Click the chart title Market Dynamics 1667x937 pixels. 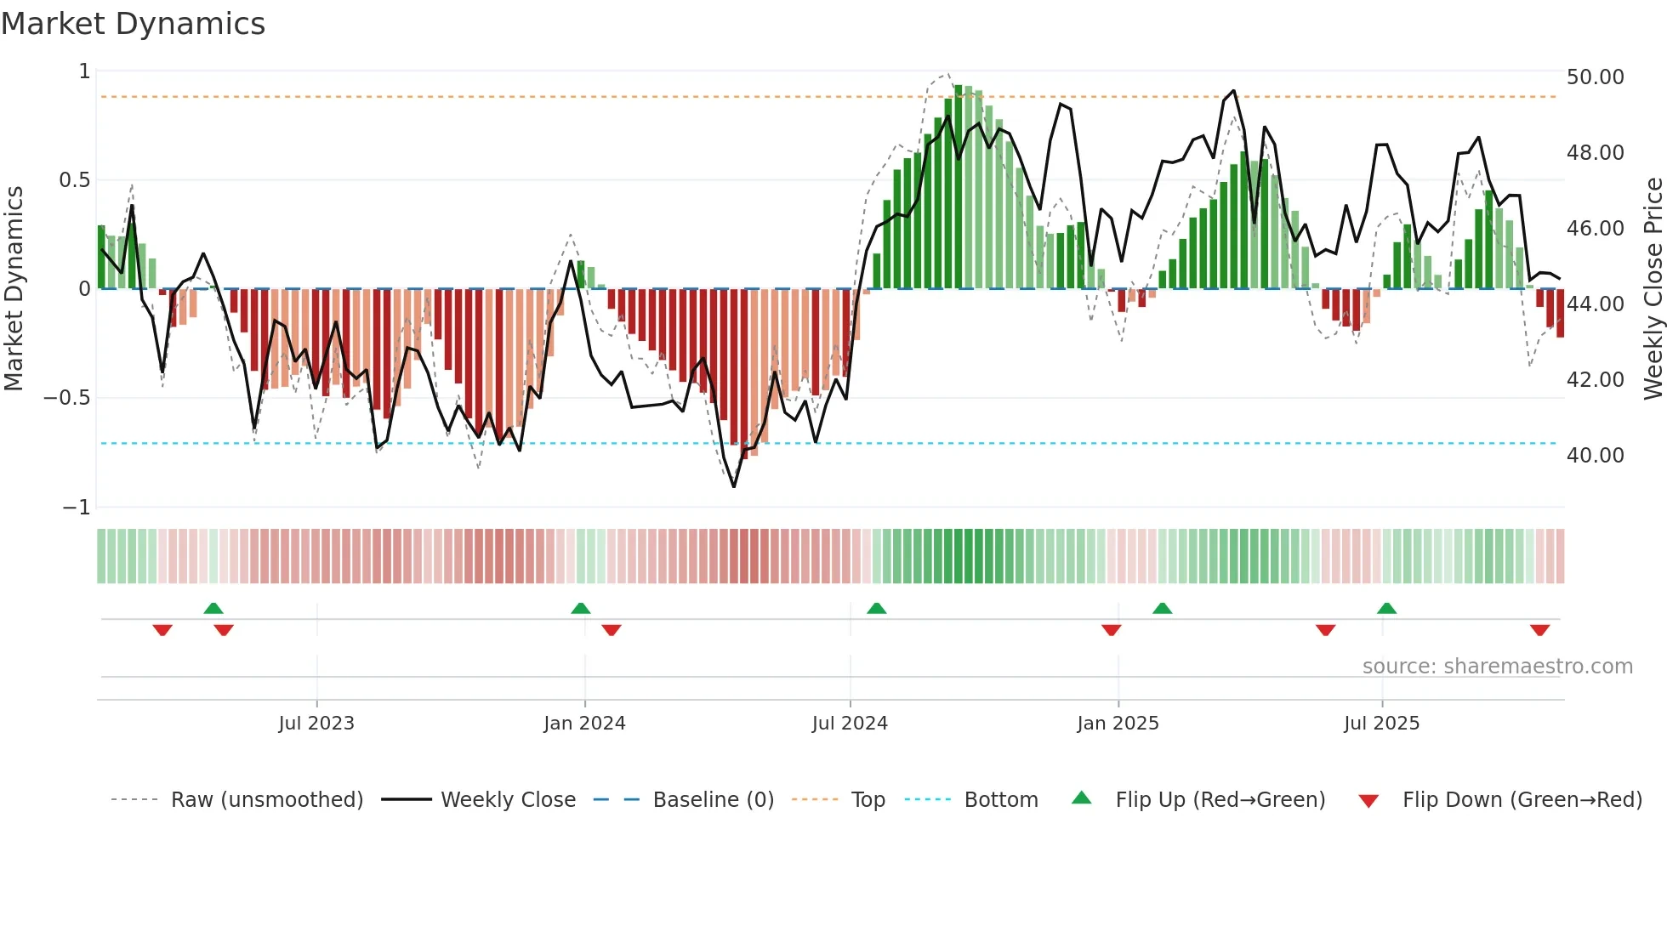(133, 24)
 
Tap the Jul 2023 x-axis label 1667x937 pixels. (316, 724)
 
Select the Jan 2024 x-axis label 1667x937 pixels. (584, 724)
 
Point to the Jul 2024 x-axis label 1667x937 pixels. (850, 724)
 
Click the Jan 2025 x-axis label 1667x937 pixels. (1118, 724)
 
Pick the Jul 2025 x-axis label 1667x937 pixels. (1381, 724)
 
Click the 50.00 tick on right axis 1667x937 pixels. (1595, 77)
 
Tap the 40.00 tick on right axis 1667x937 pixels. (1595, 456)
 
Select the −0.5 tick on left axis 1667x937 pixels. (66, 398)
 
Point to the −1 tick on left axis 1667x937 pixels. (76, 508)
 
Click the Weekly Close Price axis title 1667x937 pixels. (1653, 287)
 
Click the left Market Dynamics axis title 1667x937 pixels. (14, 287)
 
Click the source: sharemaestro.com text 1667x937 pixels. (1497, 667)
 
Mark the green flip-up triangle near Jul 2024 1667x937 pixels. (876, 608)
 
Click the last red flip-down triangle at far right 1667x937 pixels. (1539, 630)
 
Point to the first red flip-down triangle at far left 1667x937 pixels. (162, 630)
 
